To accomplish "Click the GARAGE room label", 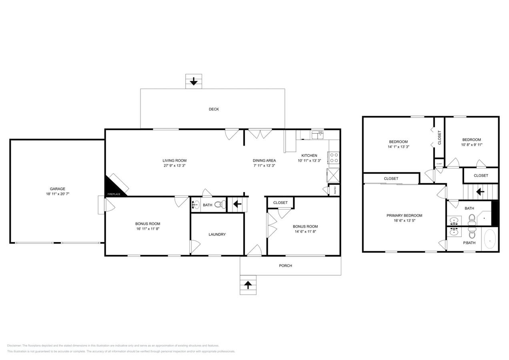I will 58,189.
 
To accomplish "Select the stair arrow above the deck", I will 194,82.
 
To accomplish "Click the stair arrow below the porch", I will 248,285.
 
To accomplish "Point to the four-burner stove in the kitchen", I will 334,158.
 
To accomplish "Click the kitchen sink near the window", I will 317,135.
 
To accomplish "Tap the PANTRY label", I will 335,190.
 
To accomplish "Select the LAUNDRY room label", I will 217,234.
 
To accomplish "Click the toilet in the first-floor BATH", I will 220,205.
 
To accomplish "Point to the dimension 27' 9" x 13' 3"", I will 174,166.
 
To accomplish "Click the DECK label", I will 214,109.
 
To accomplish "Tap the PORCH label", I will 285,266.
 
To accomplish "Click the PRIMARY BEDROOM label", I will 404,216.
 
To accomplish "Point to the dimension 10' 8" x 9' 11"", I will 471,145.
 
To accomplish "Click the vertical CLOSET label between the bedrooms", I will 439,138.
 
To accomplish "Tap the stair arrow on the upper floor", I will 480,192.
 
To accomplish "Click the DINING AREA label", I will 264,160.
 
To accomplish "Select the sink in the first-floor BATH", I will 195,205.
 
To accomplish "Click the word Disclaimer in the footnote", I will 14,346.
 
